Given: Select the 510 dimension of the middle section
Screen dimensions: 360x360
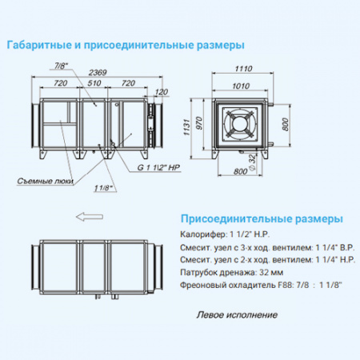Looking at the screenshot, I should point(94,82).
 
